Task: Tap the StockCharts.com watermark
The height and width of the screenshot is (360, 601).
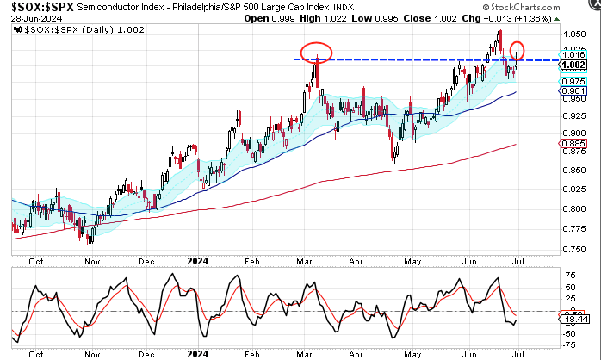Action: point(542,8)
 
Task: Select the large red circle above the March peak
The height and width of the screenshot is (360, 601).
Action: point(318,51)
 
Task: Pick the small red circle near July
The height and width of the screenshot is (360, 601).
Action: point(517,50)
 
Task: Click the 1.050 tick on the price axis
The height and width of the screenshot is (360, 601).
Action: point(572,34)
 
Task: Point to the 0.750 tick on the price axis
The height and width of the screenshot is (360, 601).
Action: point(572,250)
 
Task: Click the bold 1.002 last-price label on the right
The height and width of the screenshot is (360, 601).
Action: point(573,65)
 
